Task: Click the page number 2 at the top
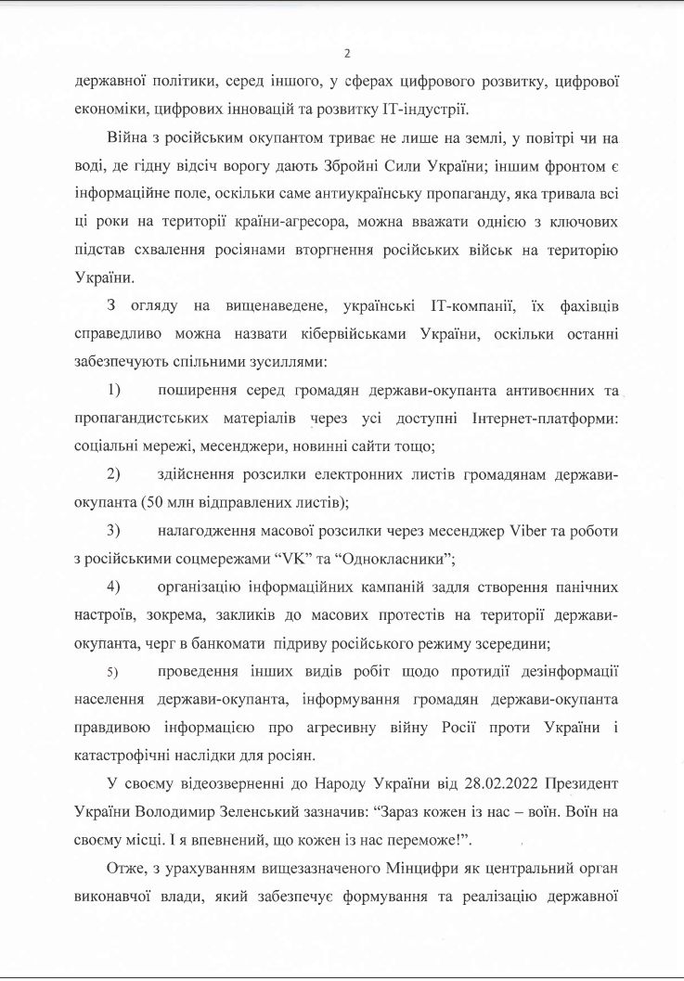pos(346,53)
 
